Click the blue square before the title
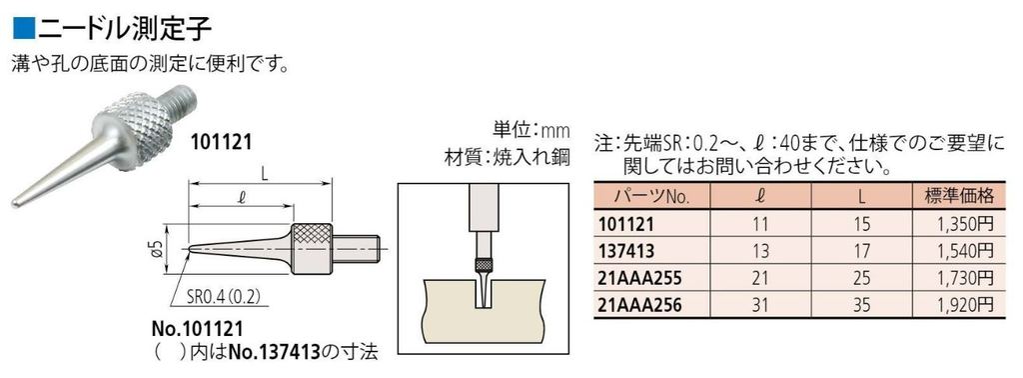(17, 21)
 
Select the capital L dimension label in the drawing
(263, 173)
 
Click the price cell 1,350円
(963, 222)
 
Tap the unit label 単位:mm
(528, 130)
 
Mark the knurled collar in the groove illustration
(484, 266)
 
